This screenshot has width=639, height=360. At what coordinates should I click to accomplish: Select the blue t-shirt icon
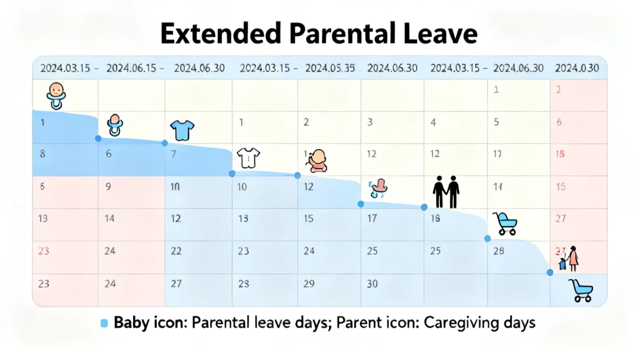pos(182,129)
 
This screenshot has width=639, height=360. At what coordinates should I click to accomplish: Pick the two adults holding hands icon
pos(446,192)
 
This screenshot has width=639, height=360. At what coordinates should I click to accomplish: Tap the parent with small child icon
pos(569,259)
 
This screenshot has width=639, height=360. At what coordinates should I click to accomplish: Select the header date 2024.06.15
pos(131,68)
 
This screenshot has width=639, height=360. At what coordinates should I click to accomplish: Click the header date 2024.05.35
pos(330,68)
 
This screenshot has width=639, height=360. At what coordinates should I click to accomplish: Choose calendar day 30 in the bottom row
pos(372,284)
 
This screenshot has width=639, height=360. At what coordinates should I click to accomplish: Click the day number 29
pos(309,284)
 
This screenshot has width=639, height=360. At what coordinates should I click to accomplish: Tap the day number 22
pos(176,251)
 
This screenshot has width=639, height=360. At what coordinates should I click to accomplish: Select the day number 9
pos(109,187)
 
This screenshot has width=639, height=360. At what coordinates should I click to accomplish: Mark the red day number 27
pos(560,218)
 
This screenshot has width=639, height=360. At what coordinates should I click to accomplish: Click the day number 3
pos(370,122)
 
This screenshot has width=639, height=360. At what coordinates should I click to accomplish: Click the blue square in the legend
pos(104,323)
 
